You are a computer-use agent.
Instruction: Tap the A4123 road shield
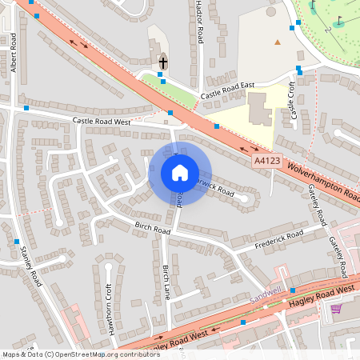268,161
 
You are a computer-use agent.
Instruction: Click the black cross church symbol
163,62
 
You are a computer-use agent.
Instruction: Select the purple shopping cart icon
336,308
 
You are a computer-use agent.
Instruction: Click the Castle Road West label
102,122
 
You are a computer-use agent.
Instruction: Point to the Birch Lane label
166,282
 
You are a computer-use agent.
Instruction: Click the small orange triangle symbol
278,42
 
